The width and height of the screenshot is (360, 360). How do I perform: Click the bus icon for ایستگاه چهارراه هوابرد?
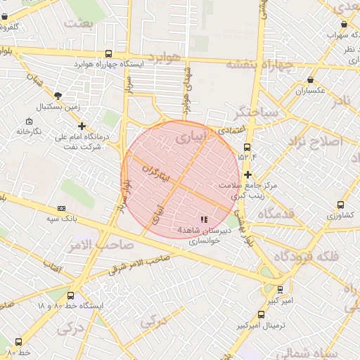[x=108, y=53]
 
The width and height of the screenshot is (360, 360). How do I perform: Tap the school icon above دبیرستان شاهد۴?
[x=204, y=220]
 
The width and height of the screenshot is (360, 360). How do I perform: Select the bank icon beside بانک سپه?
[x=62, y=209]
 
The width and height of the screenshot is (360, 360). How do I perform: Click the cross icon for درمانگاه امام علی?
[x=82, y=127]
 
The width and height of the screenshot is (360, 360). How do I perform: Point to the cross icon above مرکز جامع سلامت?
[x=247, y=174]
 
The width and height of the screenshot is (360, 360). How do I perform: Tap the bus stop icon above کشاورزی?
[x=340, y=205]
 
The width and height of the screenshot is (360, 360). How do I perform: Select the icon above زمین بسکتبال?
[x=58, y=95]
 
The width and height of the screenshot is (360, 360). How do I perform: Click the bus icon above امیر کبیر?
[x=280, y=289]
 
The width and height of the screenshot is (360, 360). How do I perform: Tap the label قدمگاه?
[x=278, y=215]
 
